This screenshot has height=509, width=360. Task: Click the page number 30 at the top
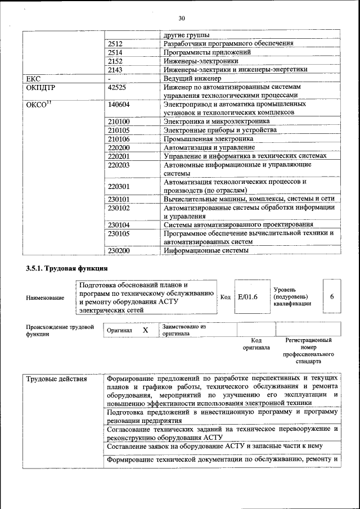(x=182, y=17)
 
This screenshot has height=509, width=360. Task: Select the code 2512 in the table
(x=115, y=43)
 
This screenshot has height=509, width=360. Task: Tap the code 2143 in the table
(x=115, y=70)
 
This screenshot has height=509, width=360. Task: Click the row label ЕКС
(x=34, y=79)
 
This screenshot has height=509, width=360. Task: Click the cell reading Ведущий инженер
(x=192, y=79)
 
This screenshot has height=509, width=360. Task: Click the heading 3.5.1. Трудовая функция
(x=66, y=269)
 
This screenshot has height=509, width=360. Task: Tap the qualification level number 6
(x=332, y=296)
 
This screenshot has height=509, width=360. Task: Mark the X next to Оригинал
(x=145, y=330)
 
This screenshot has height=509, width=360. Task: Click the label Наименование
(x=45, y=297)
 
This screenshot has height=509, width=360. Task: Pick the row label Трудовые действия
(x=56, y=379)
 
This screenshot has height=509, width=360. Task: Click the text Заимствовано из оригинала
(x=184, y=330)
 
